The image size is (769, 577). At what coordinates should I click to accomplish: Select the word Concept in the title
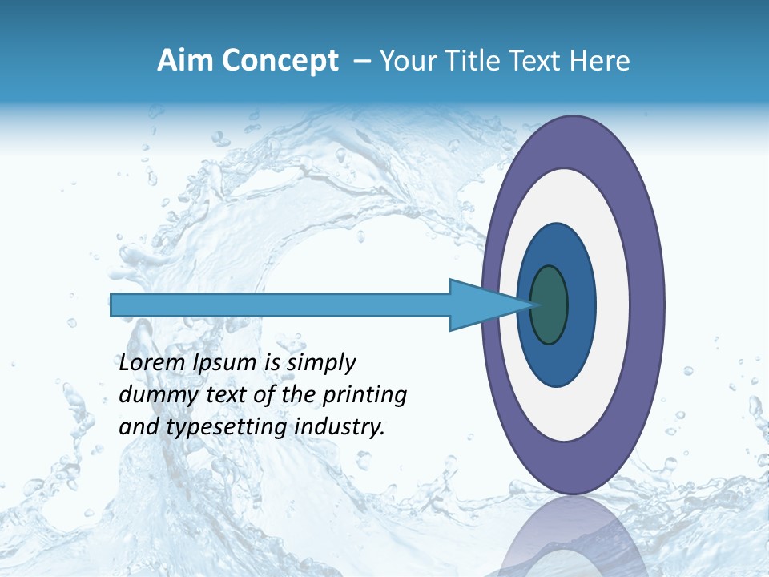(280, 61)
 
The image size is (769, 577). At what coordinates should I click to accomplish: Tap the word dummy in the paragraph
(149, 394)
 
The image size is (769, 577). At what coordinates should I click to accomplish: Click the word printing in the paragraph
(364, 394)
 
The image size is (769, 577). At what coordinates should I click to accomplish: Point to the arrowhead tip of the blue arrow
(535, 305)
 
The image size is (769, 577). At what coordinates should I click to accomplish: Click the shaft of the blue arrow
(280, 305)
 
